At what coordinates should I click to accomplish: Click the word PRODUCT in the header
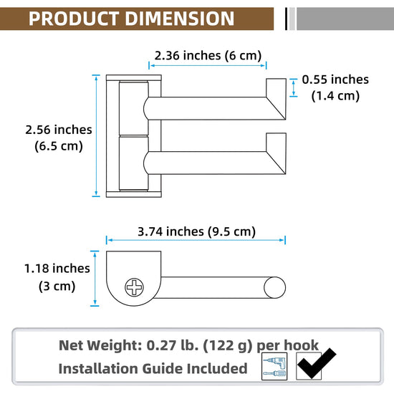[74, 19]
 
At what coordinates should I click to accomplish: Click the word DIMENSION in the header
[180, 19]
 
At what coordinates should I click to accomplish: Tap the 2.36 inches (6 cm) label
[208, 56]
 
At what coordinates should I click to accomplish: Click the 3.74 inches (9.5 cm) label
[196, 231]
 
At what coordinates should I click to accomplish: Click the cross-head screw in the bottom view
[134, 287]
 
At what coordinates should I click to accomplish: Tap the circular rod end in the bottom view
[274, 287]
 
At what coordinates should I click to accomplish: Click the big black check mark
[316, 364]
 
